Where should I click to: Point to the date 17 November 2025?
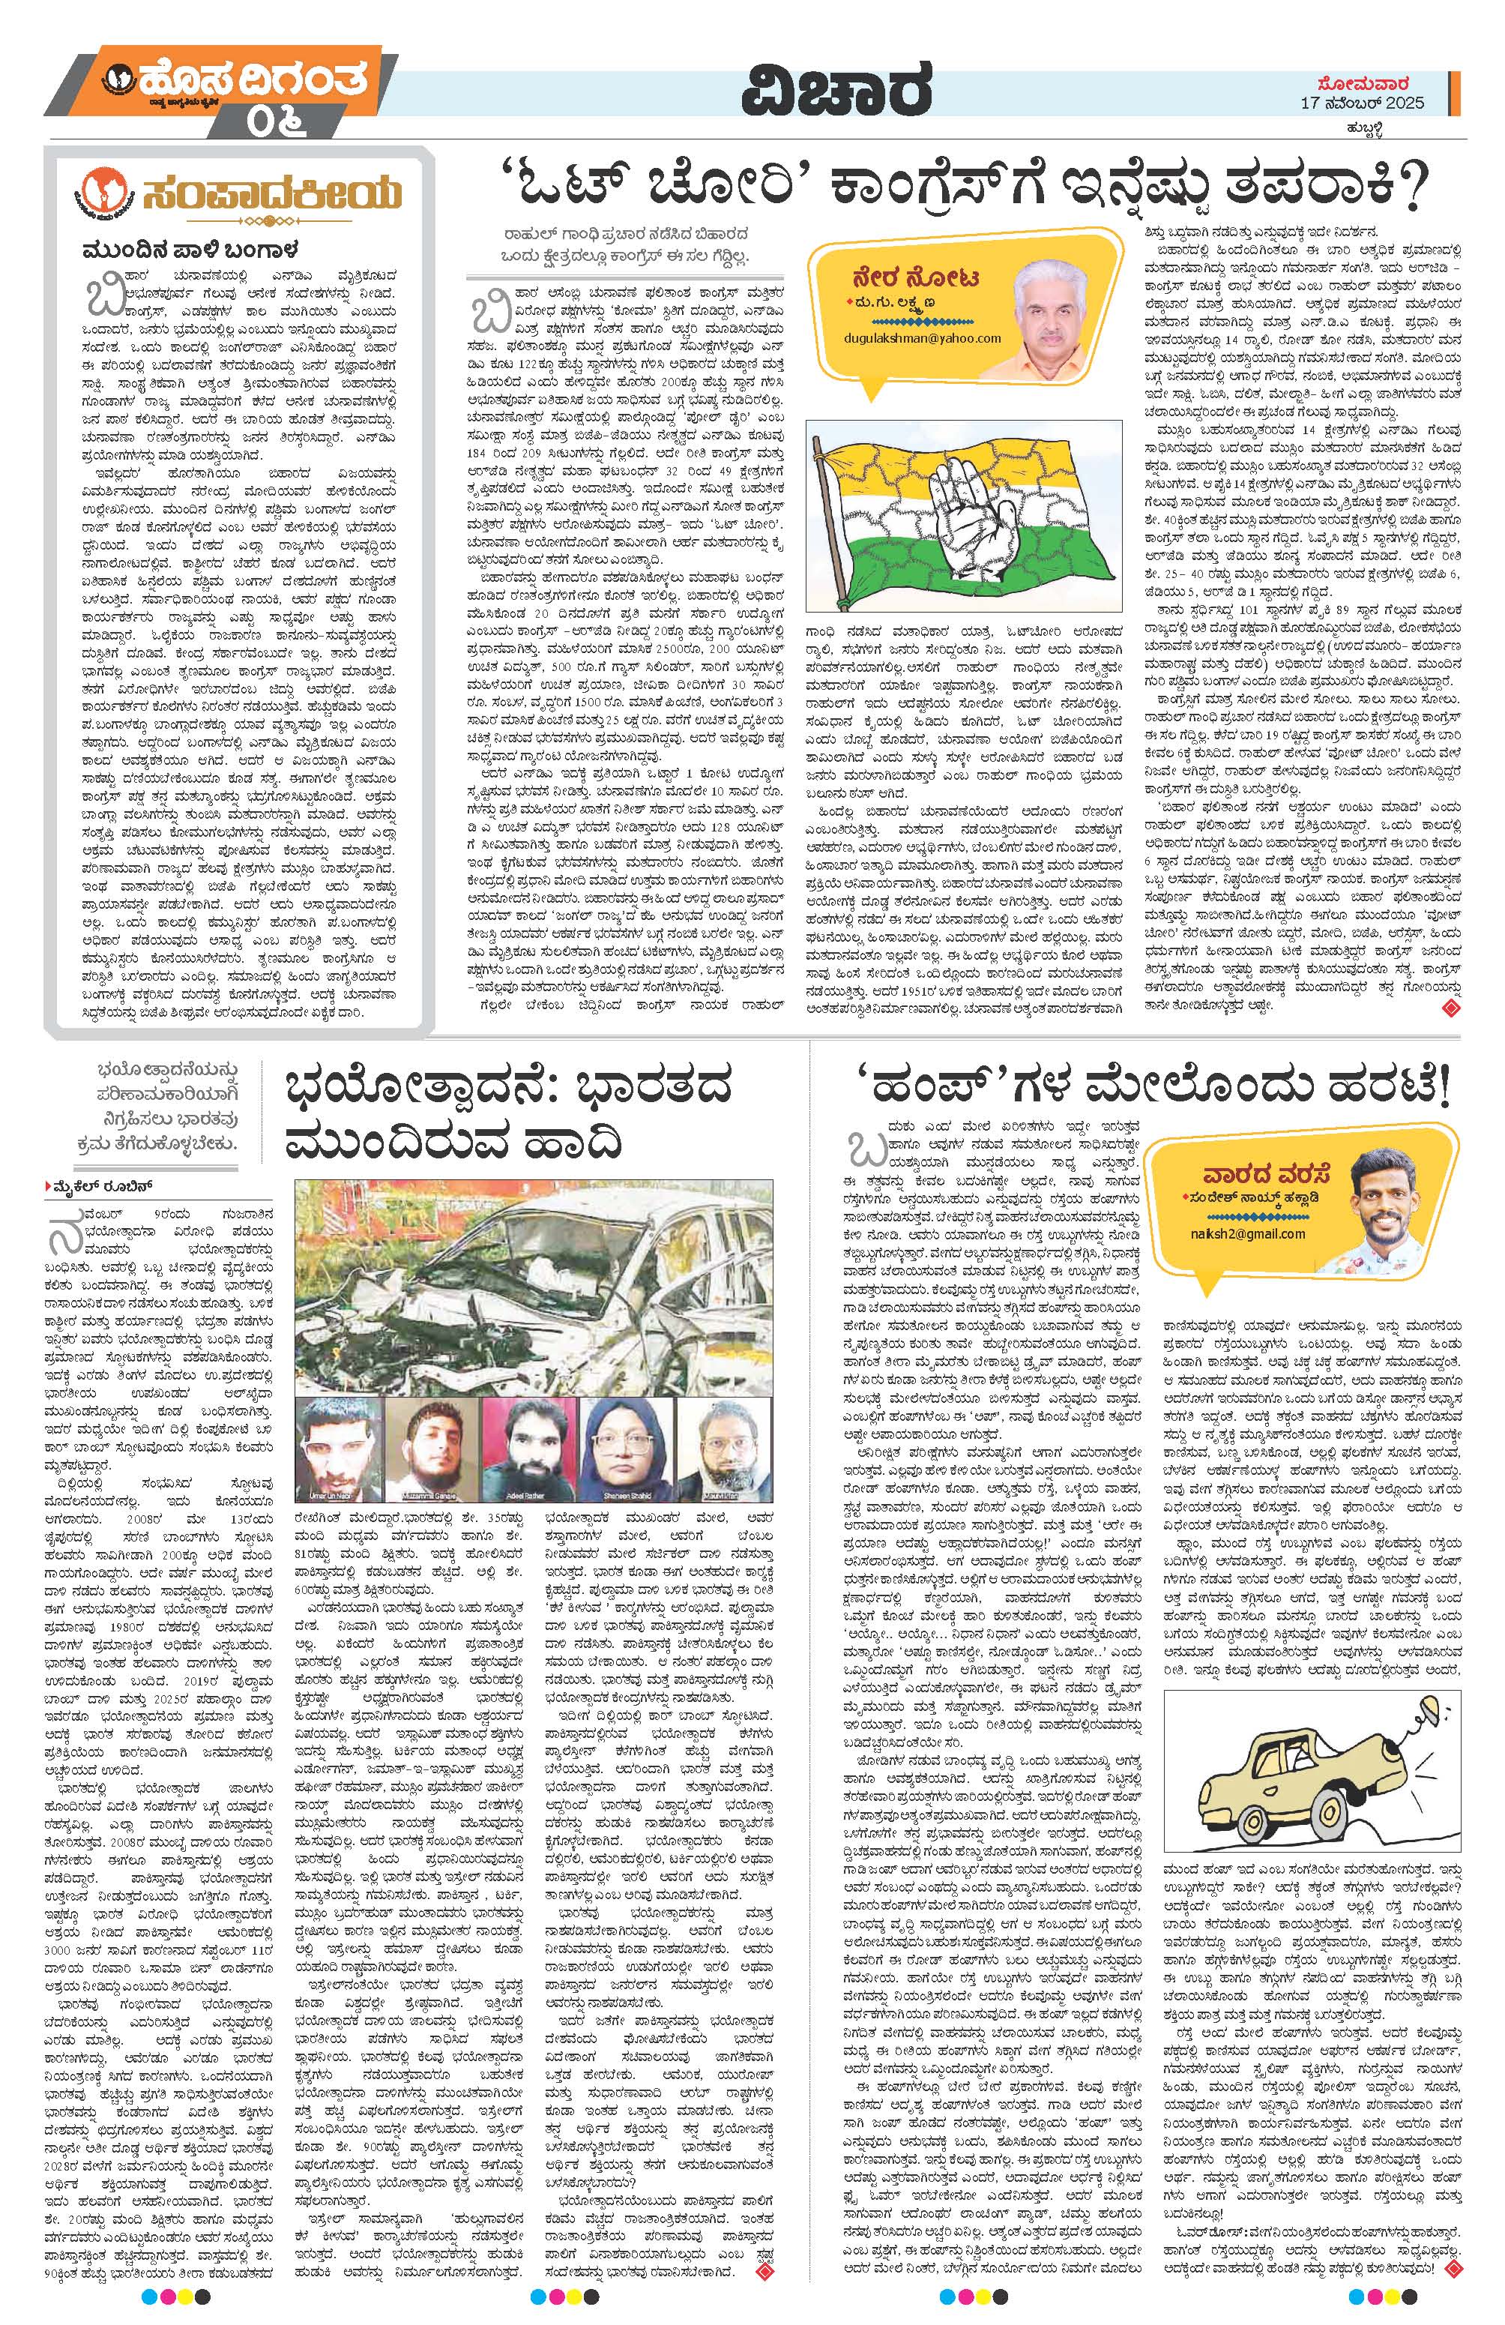1363,103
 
